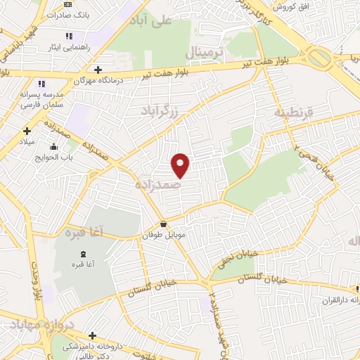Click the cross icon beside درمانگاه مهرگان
point(98,69)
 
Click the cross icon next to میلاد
point(27,130)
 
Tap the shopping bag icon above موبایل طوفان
point(164,224)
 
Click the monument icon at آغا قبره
point(84,253)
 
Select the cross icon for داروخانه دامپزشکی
point(93,335)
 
